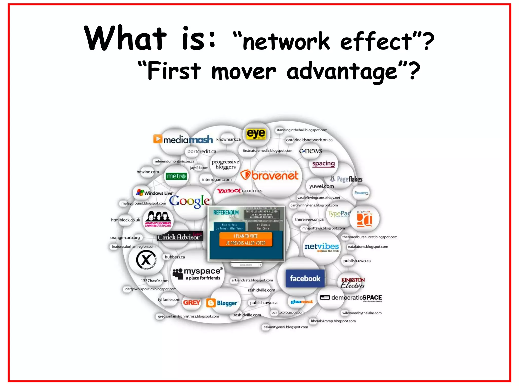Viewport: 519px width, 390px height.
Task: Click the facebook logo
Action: coord(305,279)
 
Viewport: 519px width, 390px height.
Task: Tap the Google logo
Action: coord(190,201)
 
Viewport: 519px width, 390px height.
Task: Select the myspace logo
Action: coord(198,274)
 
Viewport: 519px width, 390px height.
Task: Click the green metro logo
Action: coord(176,176)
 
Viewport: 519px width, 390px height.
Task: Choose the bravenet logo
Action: coord(270,175)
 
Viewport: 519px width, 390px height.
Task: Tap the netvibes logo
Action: coord(321,247)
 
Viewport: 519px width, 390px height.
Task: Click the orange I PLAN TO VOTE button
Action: coord(246,239)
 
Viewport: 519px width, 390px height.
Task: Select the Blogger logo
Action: coord(222,303)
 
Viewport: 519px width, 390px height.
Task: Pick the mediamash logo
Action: coord(183,139)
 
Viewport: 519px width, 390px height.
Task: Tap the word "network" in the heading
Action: coord(286,41)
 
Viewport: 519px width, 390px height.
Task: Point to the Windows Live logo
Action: coord(154,193)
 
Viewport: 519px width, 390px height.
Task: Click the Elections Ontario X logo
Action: coord(146,260)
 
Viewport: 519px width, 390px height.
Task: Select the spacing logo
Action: coord(323,164)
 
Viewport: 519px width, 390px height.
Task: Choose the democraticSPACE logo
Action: coord(351,298)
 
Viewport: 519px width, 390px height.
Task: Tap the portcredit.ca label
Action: coord(202,152)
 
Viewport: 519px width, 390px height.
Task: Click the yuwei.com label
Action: coord(321,186)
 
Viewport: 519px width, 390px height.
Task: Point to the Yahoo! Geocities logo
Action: coord(239,191)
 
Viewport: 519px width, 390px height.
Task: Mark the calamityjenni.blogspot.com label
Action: coord(286,327)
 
